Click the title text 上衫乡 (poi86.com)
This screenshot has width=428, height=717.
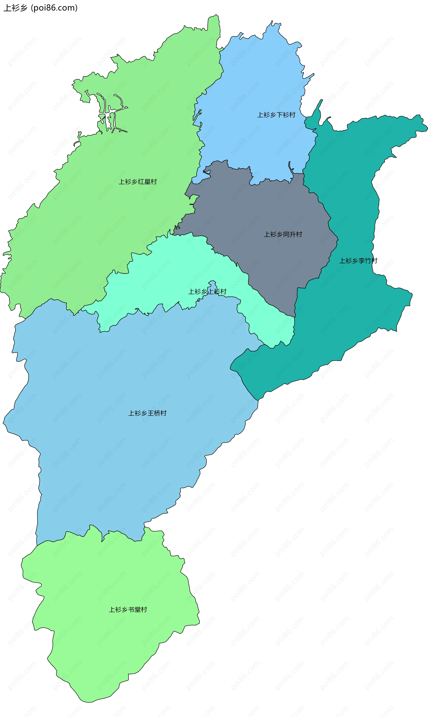pyautogui.click(x=40, y=8)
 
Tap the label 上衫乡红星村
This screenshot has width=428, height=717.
pyautogui.click(x=138, y=182)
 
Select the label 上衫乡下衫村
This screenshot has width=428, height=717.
pyautogui.click(x=276, y=115)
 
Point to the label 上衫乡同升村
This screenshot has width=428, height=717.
pyautogui.click(x=283, y=234)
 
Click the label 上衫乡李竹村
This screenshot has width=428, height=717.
pyautogui.click(x=358, y=261)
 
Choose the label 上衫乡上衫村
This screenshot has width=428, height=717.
pyautogui.click(x=207, y=292)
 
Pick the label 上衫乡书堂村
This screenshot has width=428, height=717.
pyautogui.click(x=128, y=609)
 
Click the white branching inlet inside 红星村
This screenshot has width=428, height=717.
pyautogui.click(x=108, y=115)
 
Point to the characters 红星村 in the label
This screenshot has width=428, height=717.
pyautogui.click(x=147, y=182)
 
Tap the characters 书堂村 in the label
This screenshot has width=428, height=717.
pyautogui.click(x=138, y=609)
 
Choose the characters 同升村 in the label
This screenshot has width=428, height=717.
pyautogui.click(x=292, y=234)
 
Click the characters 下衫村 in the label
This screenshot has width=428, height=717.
pyautogui.click(x=286, y=115)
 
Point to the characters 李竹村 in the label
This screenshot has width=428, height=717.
pyautogui.click(x=368, y=261)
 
